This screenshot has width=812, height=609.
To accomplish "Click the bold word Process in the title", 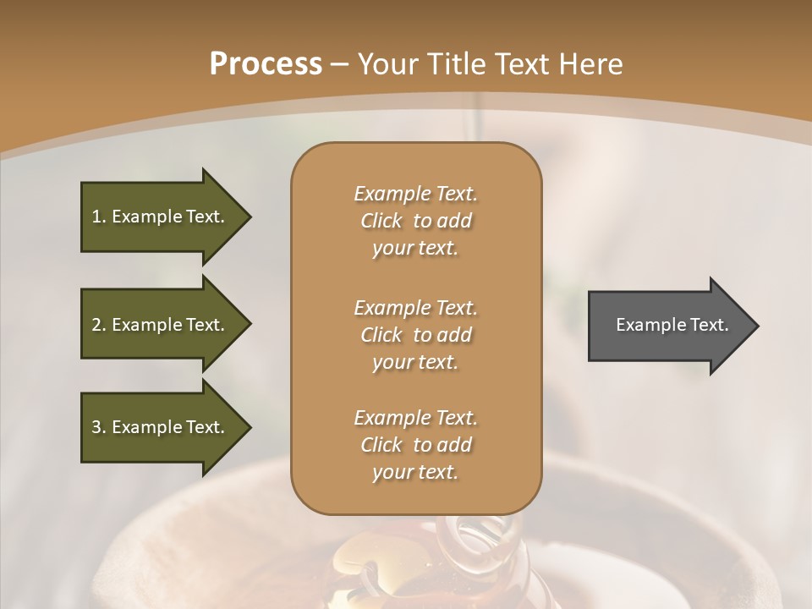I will (266, 63).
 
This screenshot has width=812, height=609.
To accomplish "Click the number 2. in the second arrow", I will (99, 325).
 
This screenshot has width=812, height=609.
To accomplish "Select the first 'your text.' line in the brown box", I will (414, 249).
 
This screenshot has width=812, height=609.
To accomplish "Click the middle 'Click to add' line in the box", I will (415, 335).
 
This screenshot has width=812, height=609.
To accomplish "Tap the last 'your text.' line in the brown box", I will (414, 473).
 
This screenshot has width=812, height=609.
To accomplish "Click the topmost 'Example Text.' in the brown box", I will (415, 194).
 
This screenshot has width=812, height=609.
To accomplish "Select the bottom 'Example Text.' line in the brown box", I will (415, 418).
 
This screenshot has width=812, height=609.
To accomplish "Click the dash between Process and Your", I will (339, 64).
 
